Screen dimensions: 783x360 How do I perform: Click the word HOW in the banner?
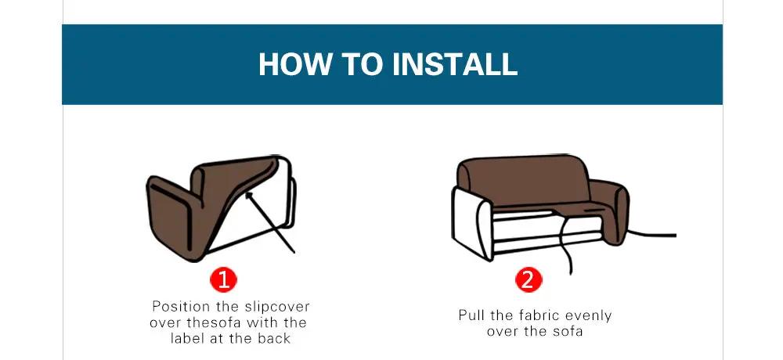[x=295, y=64]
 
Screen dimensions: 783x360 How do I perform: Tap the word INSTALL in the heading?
[x=455, y=64]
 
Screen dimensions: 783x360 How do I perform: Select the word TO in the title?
[x=362, y=64]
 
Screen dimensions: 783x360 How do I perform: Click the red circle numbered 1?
[x=223, y=279]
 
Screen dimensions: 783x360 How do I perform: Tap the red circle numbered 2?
[x=529, y=279]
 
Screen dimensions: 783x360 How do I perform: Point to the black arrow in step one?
[x=269, y=223]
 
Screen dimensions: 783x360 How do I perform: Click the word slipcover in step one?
[x=277, y=307]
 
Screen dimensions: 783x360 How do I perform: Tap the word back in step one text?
[x=274, y=338]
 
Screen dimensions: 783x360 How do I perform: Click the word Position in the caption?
[x=182, y=306]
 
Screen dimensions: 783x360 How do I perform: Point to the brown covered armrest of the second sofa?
[x=609, y=209]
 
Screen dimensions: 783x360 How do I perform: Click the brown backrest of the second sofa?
[x=524, y=180]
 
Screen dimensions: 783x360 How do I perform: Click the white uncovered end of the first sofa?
[x=287, y=193]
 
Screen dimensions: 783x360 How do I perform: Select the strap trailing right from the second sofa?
[x=651, y=234]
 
